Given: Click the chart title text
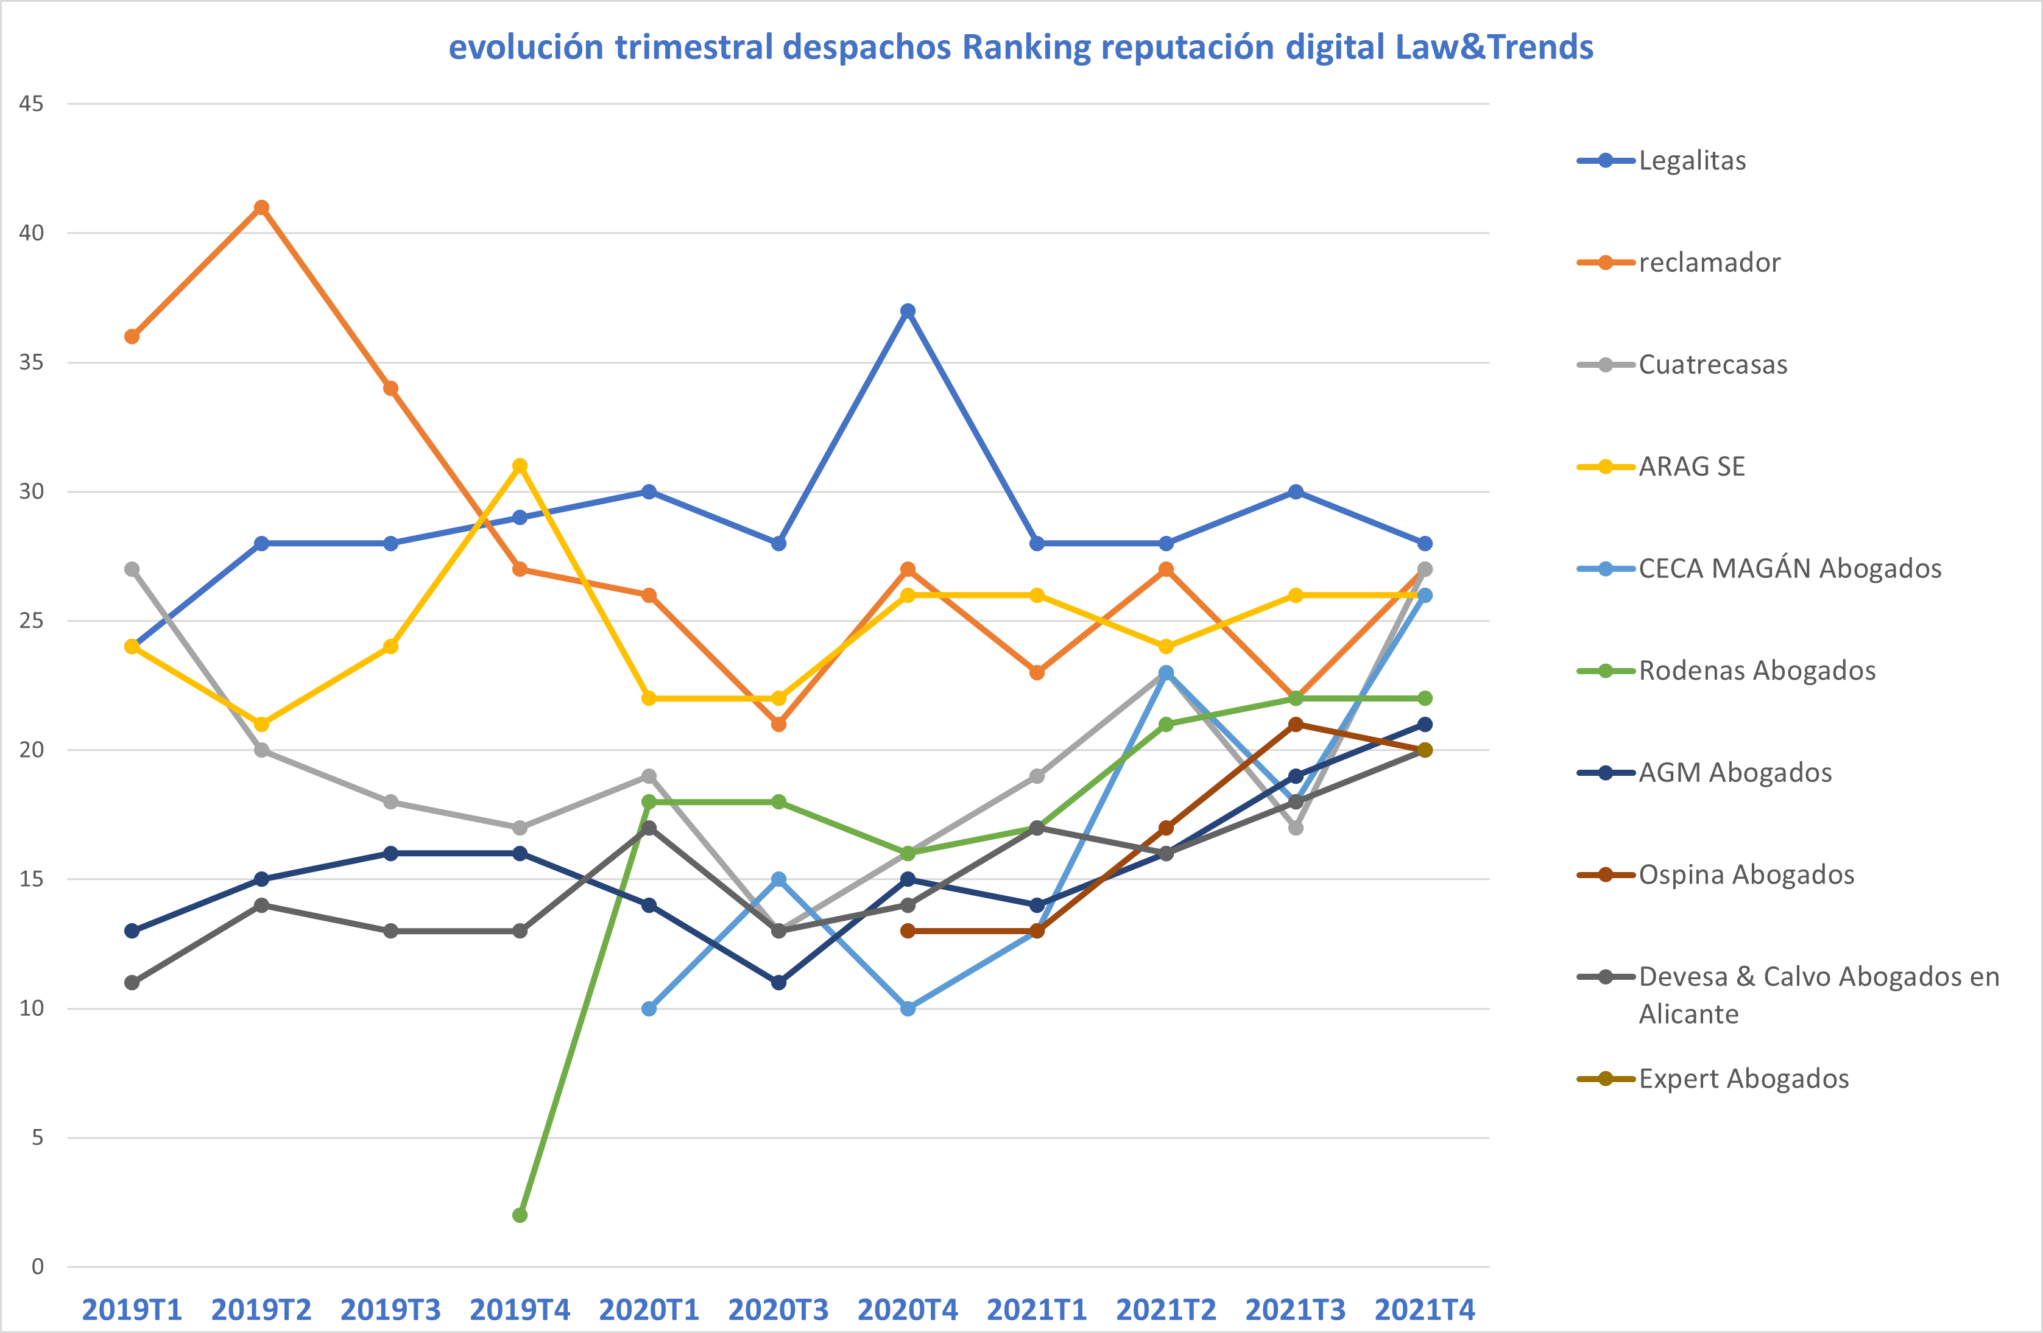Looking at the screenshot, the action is tap(1021, 47).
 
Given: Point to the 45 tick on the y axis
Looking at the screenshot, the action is tap(32, 104).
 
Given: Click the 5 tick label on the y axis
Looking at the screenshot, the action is tap(38, 1138).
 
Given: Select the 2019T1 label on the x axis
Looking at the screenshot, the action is tap(132, 1310).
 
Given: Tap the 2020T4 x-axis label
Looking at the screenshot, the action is tap(908, 1310).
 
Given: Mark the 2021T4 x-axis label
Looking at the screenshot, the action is tap(1425, 1310).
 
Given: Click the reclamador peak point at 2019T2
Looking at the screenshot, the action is tap(262, 208).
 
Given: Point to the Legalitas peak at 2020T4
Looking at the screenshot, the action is tap(908, 311).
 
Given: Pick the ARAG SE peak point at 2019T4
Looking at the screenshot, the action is tap(520, 466).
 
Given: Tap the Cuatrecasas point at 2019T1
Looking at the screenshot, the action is tap(132, 569).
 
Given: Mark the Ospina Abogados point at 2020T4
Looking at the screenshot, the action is tap(908, 930).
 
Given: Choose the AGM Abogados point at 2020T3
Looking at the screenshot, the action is tap(778, 982).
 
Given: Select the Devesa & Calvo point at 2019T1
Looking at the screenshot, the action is tap(132, 982).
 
